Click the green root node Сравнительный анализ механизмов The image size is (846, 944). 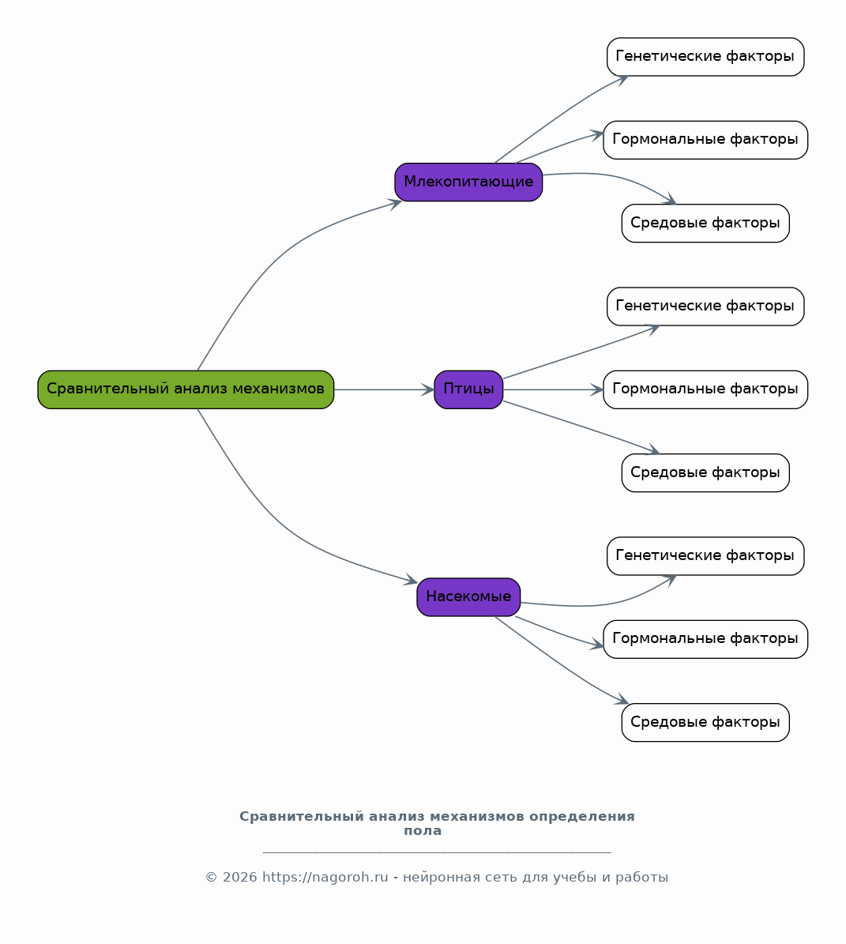coord(186,389)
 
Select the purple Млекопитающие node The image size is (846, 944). coord(468,182)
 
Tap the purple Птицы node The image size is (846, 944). coord(468,389)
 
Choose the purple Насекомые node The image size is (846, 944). coord(468,597)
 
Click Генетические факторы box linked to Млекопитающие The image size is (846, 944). coord(705,57)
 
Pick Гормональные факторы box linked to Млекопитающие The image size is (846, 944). coord(705,140)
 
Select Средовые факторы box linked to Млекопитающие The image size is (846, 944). coord(705,223)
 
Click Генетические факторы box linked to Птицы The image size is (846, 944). coord(705,307)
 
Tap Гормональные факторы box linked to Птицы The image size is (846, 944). coord(705,389)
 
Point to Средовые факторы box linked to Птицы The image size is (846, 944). coord(705,472)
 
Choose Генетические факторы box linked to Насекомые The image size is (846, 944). coord(705,555)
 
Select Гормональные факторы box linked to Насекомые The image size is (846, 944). coord(705,639)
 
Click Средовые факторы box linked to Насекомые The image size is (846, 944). coord(705,723)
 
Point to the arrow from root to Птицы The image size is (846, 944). coord(384,389)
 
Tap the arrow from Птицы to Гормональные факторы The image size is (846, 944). coord(553,389)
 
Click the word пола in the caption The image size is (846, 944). coord(423,831)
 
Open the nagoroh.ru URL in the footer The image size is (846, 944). coord(325,877)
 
